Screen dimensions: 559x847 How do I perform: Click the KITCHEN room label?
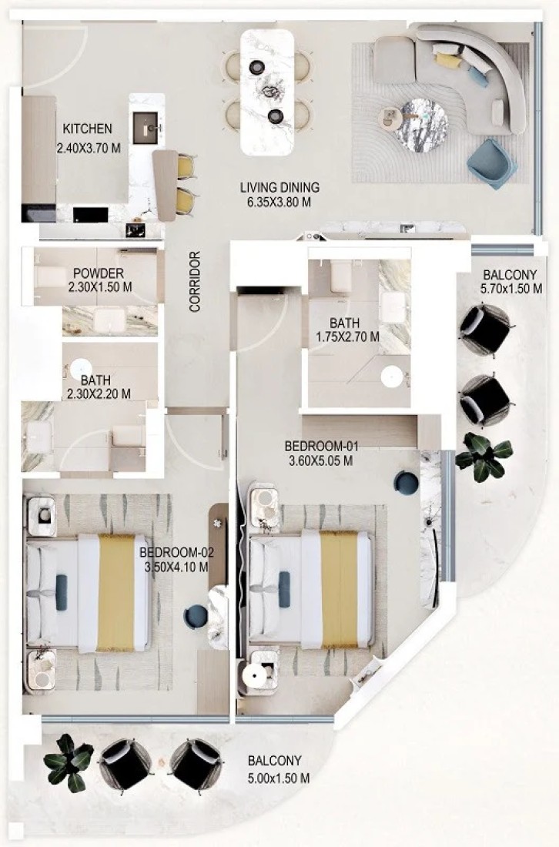[88, 129]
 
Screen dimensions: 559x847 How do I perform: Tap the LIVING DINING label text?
[279, 187]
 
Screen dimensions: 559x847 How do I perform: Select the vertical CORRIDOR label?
[195, 281]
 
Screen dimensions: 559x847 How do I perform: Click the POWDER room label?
[99, 273]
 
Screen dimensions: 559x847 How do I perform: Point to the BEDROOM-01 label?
[321, 447]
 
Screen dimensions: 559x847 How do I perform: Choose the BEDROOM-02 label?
[176, 553]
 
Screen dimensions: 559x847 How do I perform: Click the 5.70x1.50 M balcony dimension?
[511, 289]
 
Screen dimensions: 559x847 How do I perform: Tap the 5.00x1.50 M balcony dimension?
[279, 778]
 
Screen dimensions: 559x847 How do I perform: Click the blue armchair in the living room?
[491, 164]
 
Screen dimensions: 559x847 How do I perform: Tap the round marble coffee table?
[420, 126]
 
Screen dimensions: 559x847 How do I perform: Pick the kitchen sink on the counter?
[146, 128]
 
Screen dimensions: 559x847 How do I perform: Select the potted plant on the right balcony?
[484, 457]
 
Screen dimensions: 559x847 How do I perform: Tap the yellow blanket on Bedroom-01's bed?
[340, 589]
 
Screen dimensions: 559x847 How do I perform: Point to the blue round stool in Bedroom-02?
[196, 616]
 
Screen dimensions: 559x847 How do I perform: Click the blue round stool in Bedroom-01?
[406, 482]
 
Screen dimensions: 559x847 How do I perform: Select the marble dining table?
[267, 92]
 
